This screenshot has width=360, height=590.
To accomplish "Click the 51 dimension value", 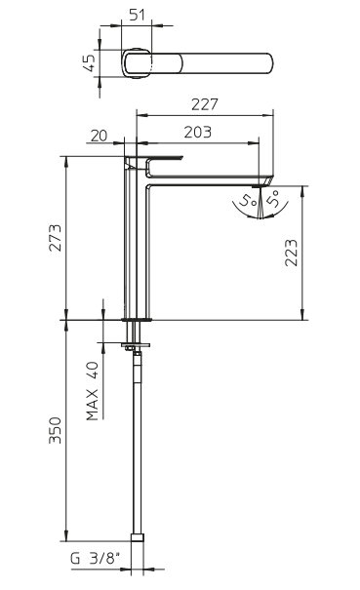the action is (137, 15).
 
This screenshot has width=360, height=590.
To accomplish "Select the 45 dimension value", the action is (90, 62).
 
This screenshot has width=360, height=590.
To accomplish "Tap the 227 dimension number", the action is (205, 104).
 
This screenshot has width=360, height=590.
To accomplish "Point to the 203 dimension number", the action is (198, 132).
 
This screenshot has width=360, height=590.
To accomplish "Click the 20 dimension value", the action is (100, 136).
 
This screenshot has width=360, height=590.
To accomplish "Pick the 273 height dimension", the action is (55, 238).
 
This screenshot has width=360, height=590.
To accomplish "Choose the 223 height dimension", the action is (291, 253).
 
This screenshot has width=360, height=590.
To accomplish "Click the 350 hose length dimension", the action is (55, 430).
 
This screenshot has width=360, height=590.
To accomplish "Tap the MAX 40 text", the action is (93, 391).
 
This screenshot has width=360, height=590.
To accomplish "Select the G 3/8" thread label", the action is (97, 559).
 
